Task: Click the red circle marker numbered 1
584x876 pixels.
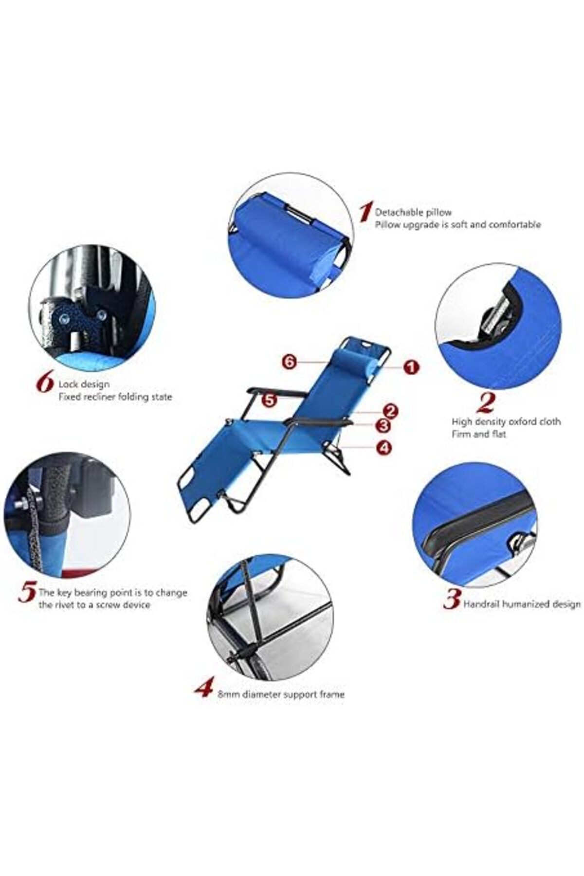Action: coord(412,367)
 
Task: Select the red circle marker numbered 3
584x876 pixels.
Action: coord(384,426)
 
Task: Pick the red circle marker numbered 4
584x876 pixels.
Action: coord(384,448)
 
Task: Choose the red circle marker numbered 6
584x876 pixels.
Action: coord(289,362)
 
